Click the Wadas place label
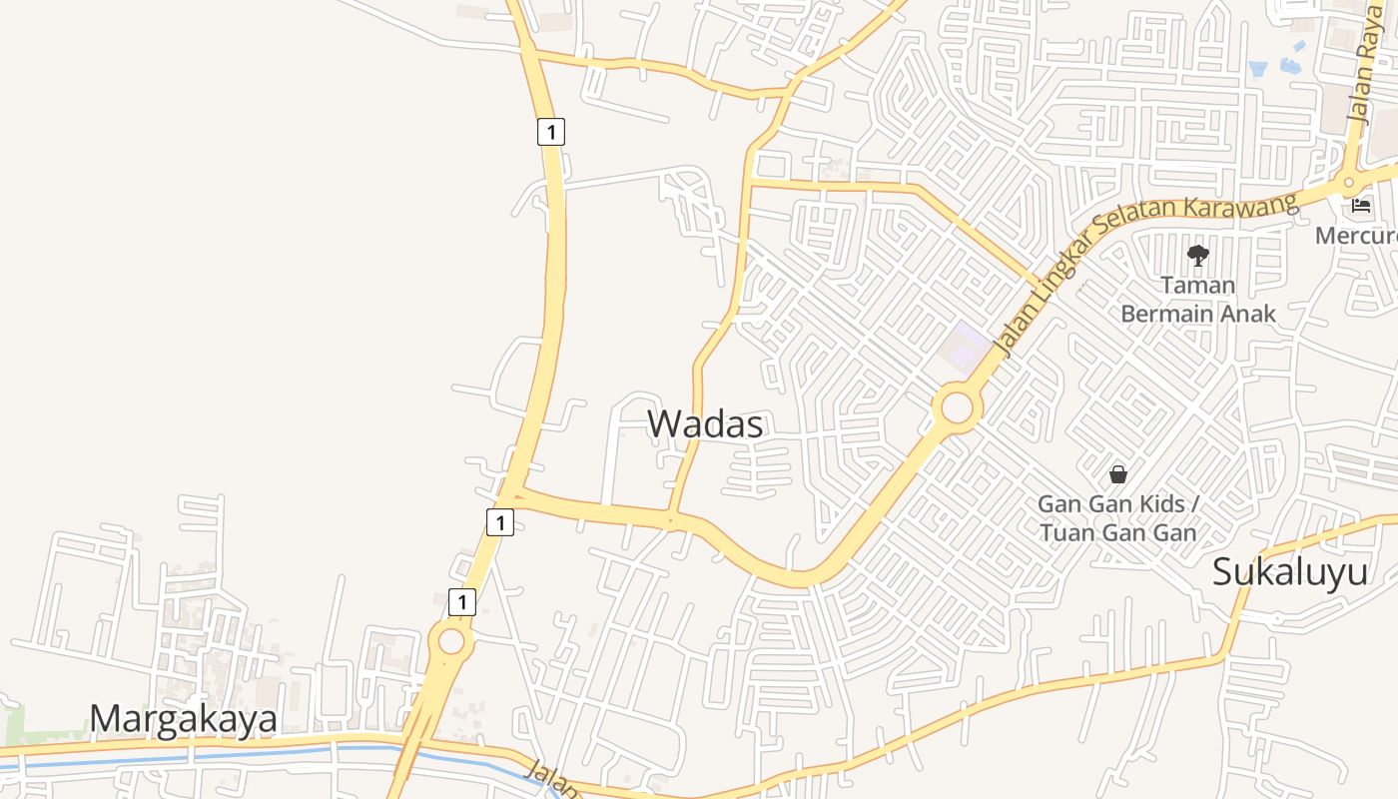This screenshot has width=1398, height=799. (705, 424)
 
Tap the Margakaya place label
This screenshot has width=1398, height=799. (183, 719)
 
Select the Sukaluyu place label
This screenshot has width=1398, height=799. (1289, 572)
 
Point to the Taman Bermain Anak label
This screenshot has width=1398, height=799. (1197, 300)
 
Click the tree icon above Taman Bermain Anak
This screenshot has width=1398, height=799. (1197, 256)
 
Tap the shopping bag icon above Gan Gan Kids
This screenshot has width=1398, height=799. (1117, 473)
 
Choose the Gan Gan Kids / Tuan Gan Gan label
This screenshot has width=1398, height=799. (1117, 517)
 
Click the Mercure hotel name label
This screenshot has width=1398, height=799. (1355, 236)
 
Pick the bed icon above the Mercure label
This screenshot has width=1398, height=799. (1360, 206)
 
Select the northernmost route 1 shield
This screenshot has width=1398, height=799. (550, 131)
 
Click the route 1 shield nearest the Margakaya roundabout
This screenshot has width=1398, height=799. (461, 601)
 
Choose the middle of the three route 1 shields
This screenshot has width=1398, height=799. (499, 521)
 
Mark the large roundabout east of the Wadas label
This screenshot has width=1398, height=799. (957, 407)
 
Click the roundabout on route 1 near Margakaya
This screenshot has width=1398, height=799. (450, 640)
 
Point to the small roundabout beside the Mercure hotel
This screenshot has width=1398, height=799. (1349, 183)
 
